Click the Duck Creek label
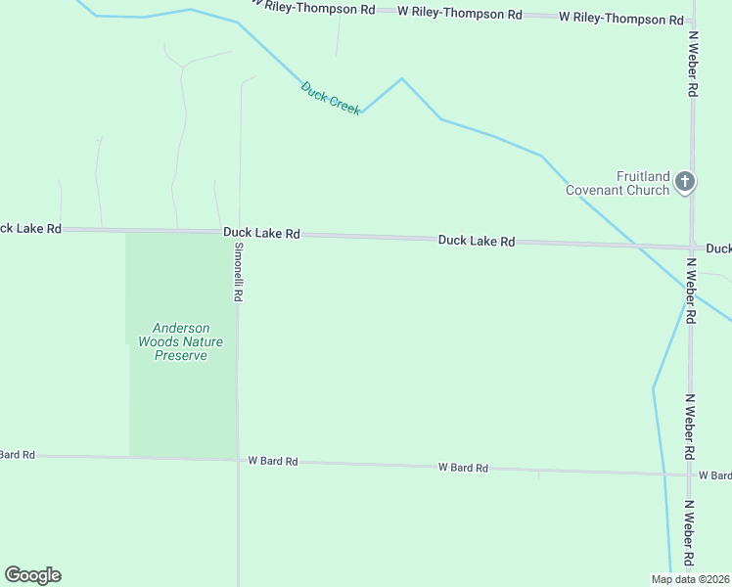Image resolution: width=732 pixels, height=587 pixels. (331, 98)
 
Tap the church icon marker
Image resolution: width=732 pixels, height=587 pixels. (685, 181)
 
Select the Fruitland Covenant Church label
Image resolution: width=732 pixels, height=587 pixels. (618, 183)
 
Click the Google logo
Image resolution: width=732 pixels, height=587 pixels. (32, 575)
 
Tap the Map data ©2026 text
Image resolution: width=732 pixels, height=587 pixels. (690, 578)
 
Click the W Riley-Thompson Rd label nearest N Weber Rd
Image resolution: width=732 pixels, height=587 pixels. (621, 19)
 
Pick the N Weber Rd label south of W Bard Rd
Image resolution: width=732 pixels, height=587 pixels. (689, 532)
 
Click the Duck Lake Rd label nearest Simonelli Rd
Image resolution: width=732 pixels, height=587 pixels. (261, 234)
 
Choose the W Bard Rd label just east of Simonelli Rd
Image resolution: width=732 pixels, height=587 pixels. (273, 460)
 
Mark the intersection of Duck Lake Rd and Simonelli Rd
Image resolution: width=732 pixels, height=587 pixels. (239, 233)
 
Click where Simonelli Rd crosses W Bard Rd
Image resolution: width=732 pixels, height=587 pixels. (238, 458)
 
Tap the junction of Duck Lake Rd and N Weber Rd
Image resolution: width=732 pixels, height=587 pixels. (691, 247)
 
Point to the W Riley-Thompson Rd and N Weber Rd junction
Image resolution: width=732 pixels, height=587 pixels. (693, 19)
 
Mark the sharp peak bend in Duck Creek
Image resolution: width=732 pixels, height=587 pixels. (400, 78)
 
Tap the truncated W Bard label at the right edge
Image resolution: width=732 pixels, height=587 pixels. (714, 475)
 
